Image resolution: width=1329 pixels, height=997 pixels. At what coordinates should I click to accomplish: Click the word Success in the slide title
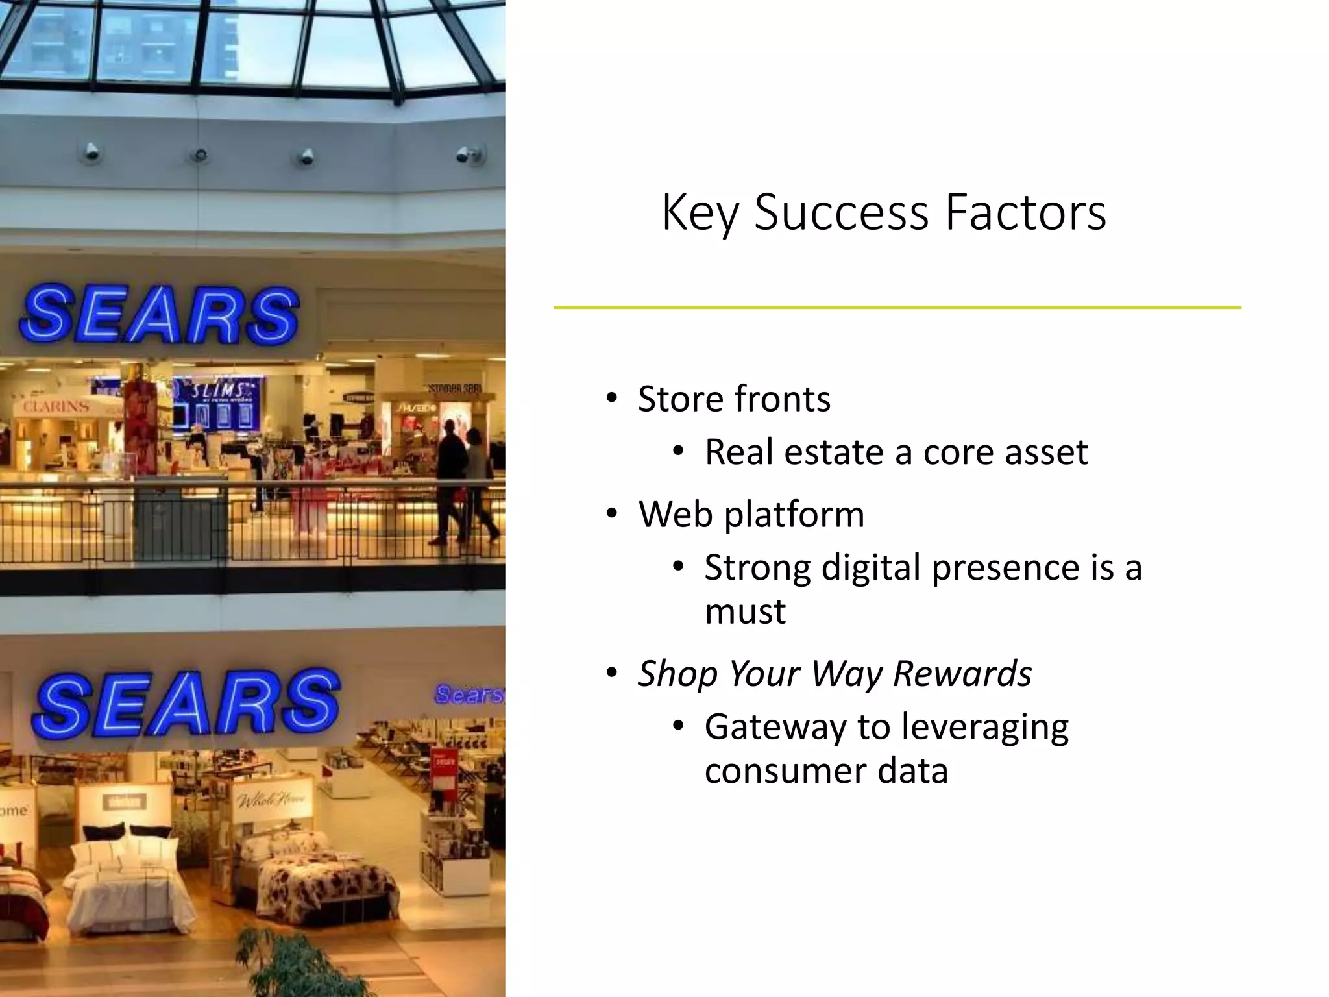[842, 212]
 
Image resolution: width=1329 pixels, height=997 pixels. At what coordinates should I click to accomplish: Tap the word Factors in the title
[1025, 212]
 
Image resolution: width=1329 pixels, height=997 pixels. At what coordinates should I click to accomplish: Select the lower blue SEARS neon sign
[186, 704]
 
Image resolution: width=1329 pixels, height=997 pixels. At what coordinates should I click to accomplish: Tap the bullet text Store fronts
[734, 399]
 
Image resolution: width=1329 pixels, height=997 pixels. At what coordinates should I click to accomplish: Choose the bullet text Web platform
[751, 515]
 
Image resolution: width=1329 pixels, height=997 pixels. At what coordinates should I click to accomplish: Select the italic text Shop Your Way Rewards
[835, 673]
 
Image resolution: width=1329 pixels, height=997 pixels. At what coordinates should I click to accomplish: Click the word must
[745, 611]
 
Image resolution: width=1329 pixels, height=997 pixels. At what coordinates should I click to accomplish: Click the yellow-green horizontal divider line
[897, 308]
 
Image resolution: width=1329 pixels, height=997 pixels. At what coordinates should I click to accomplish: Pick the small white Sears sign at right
[469, 694]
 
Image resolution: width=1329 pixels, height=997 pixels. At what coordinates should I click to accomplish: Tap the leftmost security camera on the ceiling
[91, 153]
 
